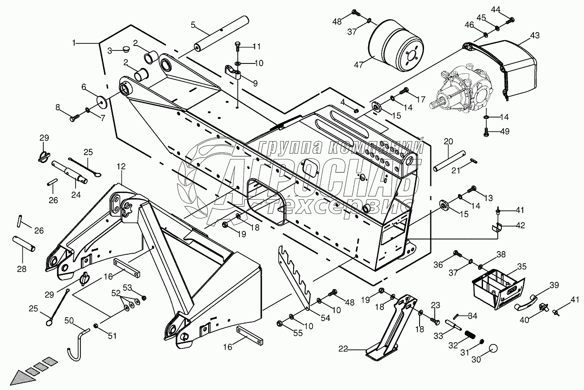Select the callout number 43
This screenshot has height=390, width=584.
[x=535, y=35]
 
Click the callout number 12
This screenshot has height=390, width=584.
[x=121, y=166]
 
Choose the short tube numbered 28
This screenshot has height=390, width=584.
[x=26, y=245]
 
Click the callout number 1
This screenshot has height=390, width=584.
[x=75, y=43]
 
